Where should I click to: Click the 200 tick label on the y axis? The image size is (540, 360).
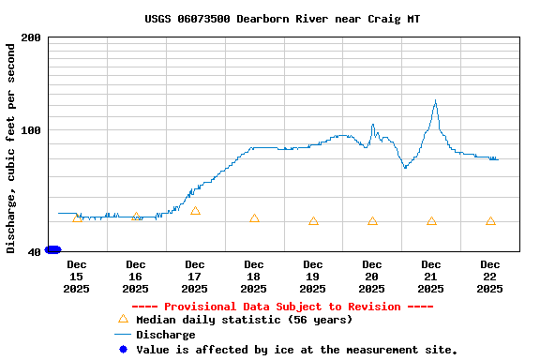tap(31, 37)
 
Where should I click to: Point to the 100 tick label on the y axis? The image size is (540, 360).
tap(31, 130)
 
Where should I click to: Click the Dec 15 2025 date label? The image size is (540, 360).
tap(77, 277)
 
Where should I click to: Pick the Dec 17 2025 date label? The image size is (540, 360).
tap(195, 277)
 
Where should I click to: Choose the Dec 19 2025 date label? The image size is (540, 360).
tap(313, 277)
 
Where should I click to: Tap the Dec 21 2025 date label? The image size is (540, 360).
tap(431, 277)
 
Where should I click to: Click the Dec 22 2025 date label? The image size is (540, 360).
tap(490, 277)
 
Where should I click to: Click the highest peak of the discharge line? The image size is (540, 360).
tap(435, 100)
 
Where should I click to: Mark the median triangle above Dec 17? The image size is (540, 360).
tap(195, 211)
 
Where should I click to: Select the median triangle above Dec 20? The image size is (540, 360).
tap(372, 221)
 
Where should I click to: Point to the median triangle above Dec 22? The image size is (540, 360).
tap(490, 221)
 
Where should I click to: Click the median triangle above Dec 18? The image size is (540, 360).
tap(254, 218)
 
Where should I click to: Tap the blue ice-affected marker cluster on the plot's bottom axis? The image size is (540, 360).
tap(52, 249)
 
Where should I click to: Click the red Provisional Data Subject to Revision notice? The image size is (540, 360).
tap(282, 307)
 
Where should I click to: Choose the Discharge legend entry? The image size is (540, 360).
tap(165, 335)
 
